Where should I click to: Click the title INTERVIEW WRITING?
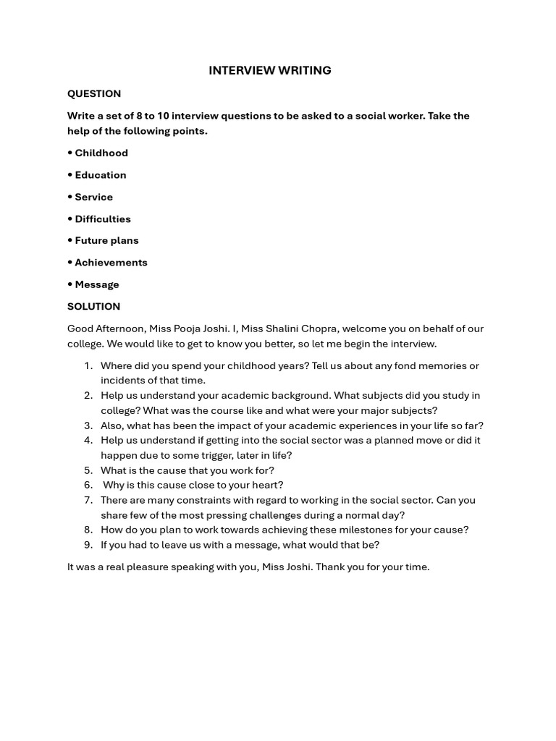click(x=269, y=70)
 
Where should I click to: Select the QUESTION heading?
click(x=94, y=93)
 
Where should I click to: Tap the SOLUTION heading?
click(x=94, y=306)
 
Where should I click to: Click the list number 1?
click(x=88, y=366)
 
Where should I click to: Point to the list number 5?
click(x=88, y=470)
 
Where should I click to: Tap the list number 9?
click(x=88, y=545)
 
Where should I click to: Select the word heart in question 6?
click(x=264, y=485)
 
